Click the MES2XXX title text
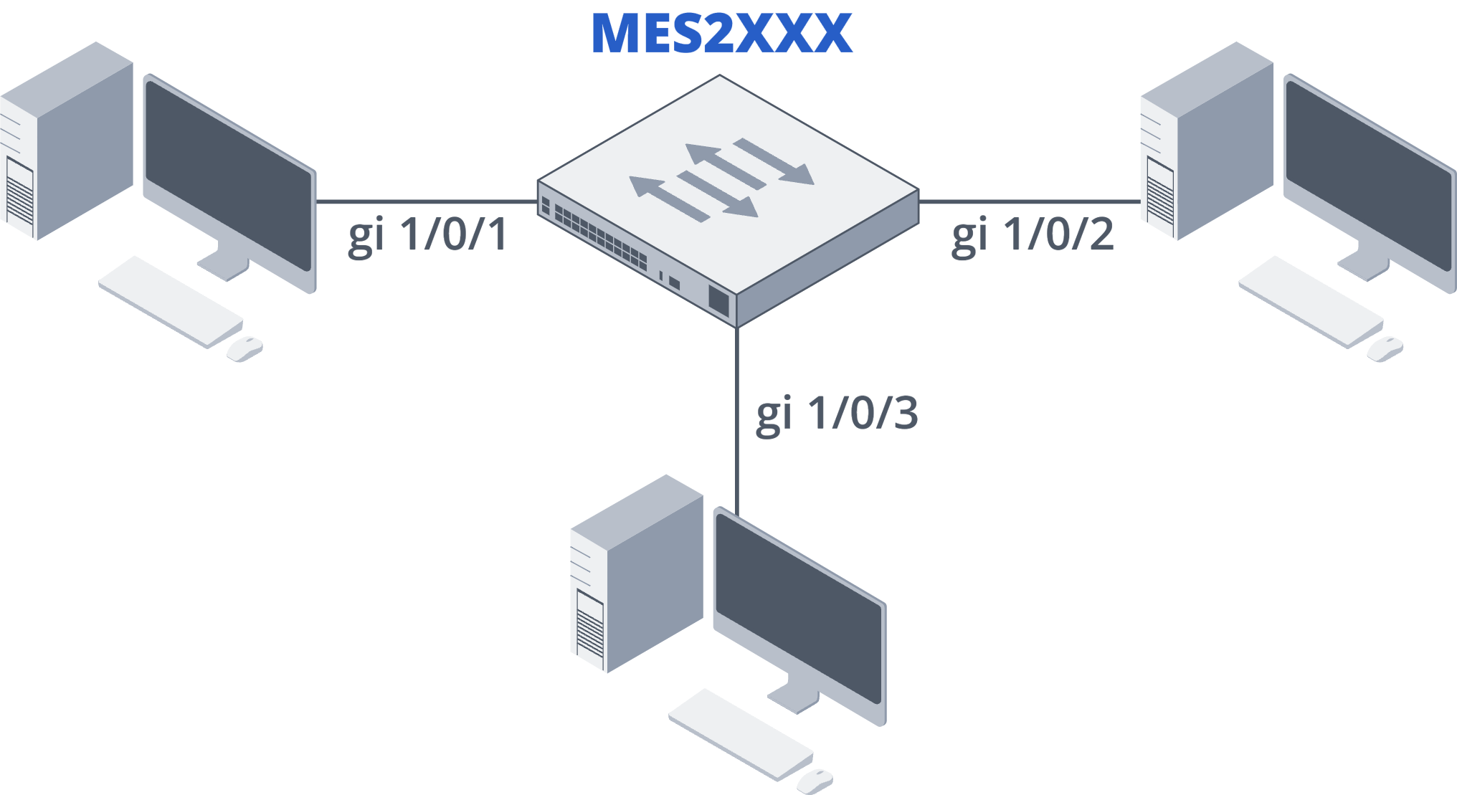[721, 34]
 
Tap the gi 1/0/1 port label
[428, 234]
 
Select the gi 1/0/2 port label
[1033, 234]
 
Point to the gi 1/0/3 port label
[837, 414]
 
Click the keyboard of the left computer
[171, 302]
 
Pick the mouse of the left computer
[245, 349]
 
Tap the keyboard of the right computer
[1311, 302]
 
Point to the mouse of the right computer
[1385, 349]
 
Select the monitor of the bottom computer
[799, 613]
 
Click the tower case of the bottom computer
[637, 573]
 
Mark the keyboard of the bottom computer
[741, 734]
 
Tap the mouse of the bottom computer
[815, 781]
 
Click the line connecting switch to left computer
[427, 202]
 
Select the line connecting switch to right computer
[1029, 202]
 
